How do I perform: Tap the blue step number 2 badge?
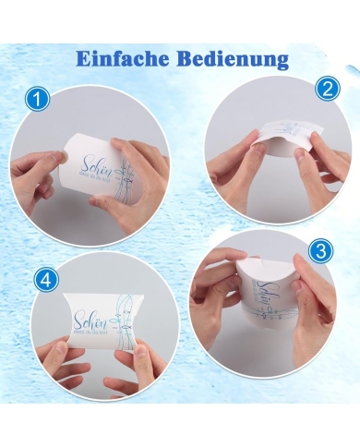tap(325, 90)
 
